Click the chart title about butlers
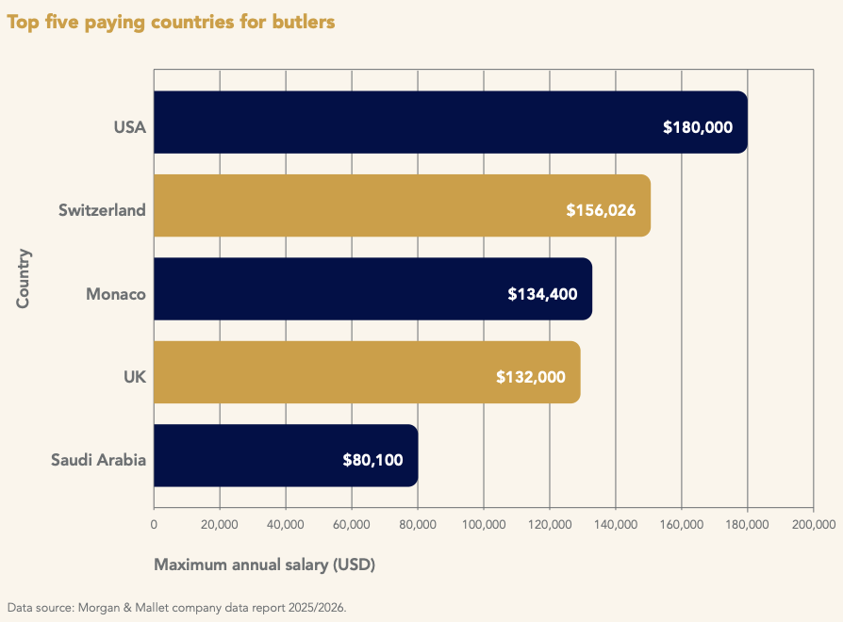point(171,22)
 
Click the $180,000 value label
point(698,126)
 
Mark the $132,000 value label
point(531,377)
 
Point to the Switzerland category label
point(102,210)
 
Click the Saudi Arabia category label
point(99,461)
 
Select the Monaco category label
point(116,294)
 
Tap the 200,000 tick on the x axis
point(813,525)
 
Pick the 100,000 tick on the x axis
point(483,525)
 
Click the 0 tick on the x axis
point(154,525)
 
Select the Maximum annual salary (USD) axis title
point(264,565)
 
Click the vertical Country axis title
point(24,278)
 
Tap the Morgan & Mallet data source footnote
point(176,607)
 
